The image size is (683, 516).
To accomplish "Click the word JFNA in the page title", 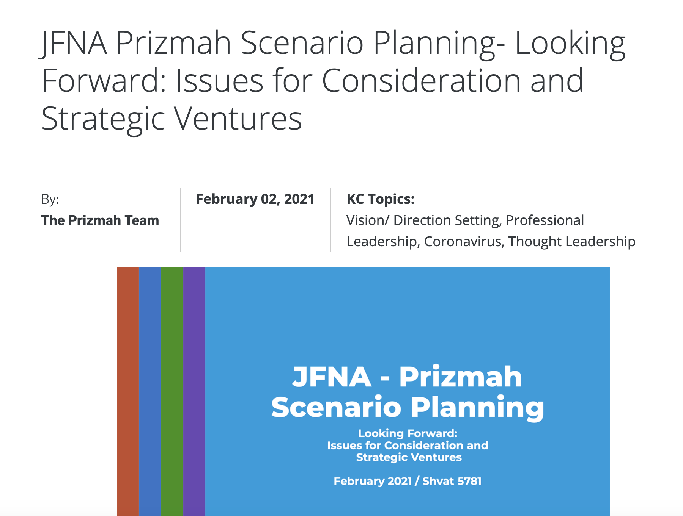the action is tap(73, 43).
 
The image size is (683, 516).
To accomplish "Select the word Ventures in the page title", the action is tap(238, 119).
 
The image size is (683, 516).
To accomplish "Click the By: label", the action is tap(50, 199).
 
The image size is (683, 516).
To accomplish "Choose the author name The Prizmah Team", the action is tap(100, 220).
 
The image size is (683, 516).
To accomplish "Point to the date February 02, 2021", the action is tap(255, 199).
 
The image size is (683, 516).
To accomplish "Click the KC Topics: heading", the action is tap(381, 199).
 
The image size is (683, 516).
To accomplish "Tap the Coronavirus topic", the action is tap(464, 242).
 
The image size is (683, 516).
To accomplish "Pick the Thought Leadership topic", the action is tap(572, 242).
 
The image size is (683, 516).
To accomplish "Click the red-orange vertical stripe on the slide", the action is tap(128, 391).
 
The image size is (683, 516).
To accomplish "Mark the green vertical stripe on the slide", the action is tap(172, 391).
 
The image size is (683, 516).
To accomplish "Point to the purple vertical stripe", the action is tap(194, 391).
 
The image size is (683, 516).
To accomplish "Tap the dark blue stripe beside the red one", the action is tap(150, 391).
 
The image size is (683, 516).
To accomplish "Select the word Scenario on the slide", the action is tap(336, 407).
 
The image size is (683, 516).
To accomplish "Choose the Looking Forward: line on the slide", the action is tap(408, 433).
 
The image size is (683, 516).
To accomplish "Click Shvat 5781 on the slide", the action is tap(452, 481).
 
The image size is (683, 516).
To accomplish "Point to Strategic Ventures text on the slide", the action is tap(409, 457).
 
